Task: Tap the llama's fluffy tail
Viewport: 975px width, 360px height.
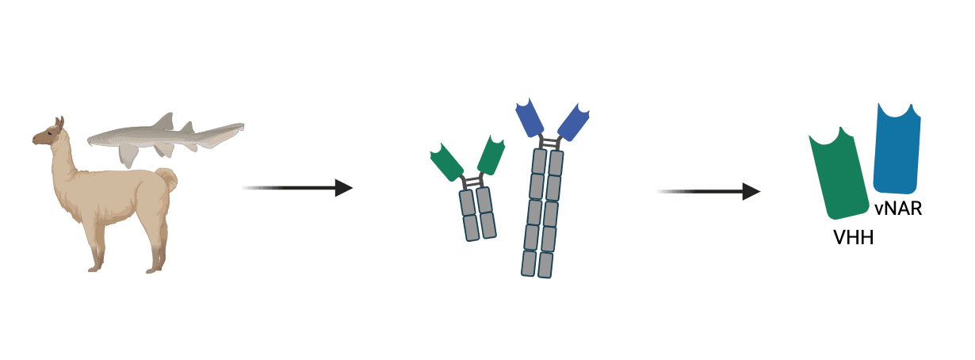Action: [166, 180]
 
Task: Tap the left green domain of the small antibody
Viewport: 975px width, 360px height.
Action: [447, 163]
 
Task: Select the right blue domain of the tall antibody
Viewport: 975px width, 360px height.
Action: [575, 120]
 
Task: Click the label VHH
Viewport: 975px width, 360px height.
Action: [853, 236]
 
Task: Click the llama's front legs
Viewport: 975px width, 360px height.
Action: [98, 246]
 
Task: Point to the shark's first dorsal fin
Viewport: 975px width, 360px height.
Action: [164, 121]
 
